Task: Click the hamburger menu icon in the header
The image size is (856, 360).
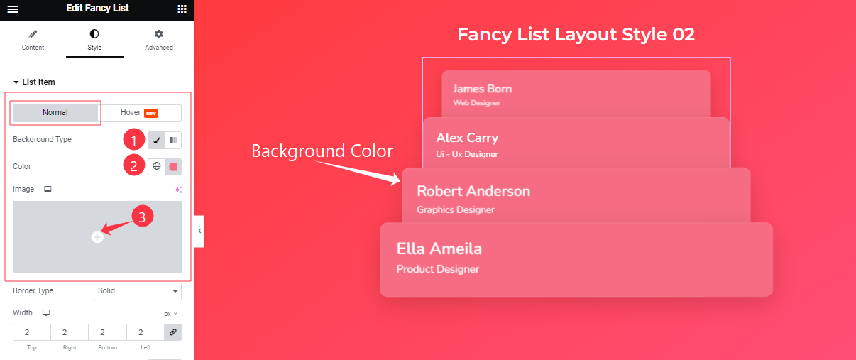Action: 13,9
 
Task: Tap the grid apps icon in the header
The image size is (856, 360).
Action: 182,9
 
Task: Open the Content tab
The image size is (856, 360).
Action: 33,40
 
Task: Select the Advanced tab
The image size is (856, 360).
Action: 159,40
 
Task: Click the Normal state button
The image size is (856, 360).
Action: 55,113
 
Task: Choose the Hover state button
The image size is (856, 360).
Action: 140,113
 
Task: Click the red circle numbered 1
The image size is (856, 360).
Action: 134,139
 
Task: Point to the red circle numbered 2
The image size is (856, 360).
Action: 134,166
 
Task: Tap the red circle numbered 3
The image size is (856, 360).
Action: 142,217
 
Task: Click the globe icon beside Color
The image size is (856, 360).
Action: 157,166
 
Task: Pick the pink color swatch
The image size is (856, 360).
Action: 173,166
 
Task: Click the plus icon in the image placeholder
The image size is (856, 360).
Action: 97,237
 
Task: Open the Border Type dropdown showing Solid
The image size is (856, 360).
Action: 138,291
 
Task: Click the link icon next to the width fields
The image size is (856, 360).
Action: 172,332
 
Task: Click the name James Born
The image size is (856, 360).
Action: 482,89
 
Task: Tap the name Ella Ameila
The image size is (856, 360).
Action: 439,249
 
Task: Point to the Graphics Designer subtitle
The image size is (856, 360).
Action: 456,210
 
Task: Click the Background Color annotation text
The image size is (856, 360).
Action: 322,151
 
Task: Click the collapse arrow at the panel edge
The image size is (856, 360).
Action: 199,231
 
